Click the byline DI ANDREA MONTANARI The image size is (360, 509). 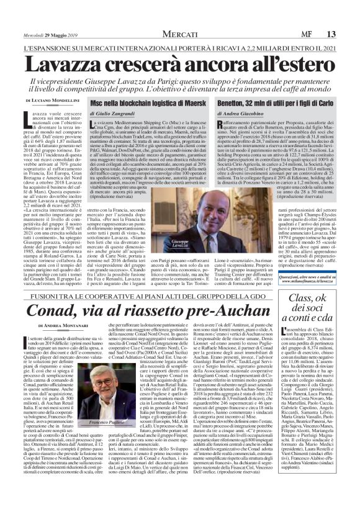(62, 325)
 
